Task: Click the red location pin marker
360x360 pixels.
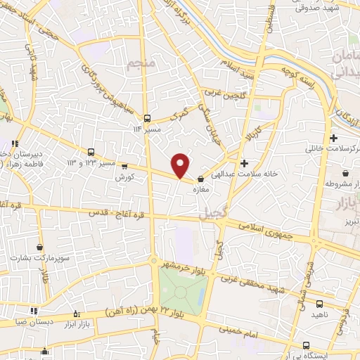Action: tap(181, 165)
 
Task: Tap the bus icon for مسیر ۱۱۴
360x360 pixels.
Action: tap(147, 119)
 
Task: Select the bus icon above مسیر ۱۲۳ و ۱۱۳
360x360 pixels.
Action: tap(91, 152)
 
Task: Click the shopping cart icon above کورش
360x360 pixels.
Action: tap(124, 167)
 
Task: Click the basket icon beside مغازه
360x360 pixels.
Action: tap(202, 179)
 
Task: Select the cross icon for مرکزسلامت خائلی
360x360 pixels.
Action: tap(333, 138)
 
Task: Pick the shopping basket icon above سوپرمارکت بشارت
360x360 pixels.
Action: tap(39, 247)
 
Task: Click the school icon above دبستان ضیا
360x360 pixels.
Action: tap(33, 310)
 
